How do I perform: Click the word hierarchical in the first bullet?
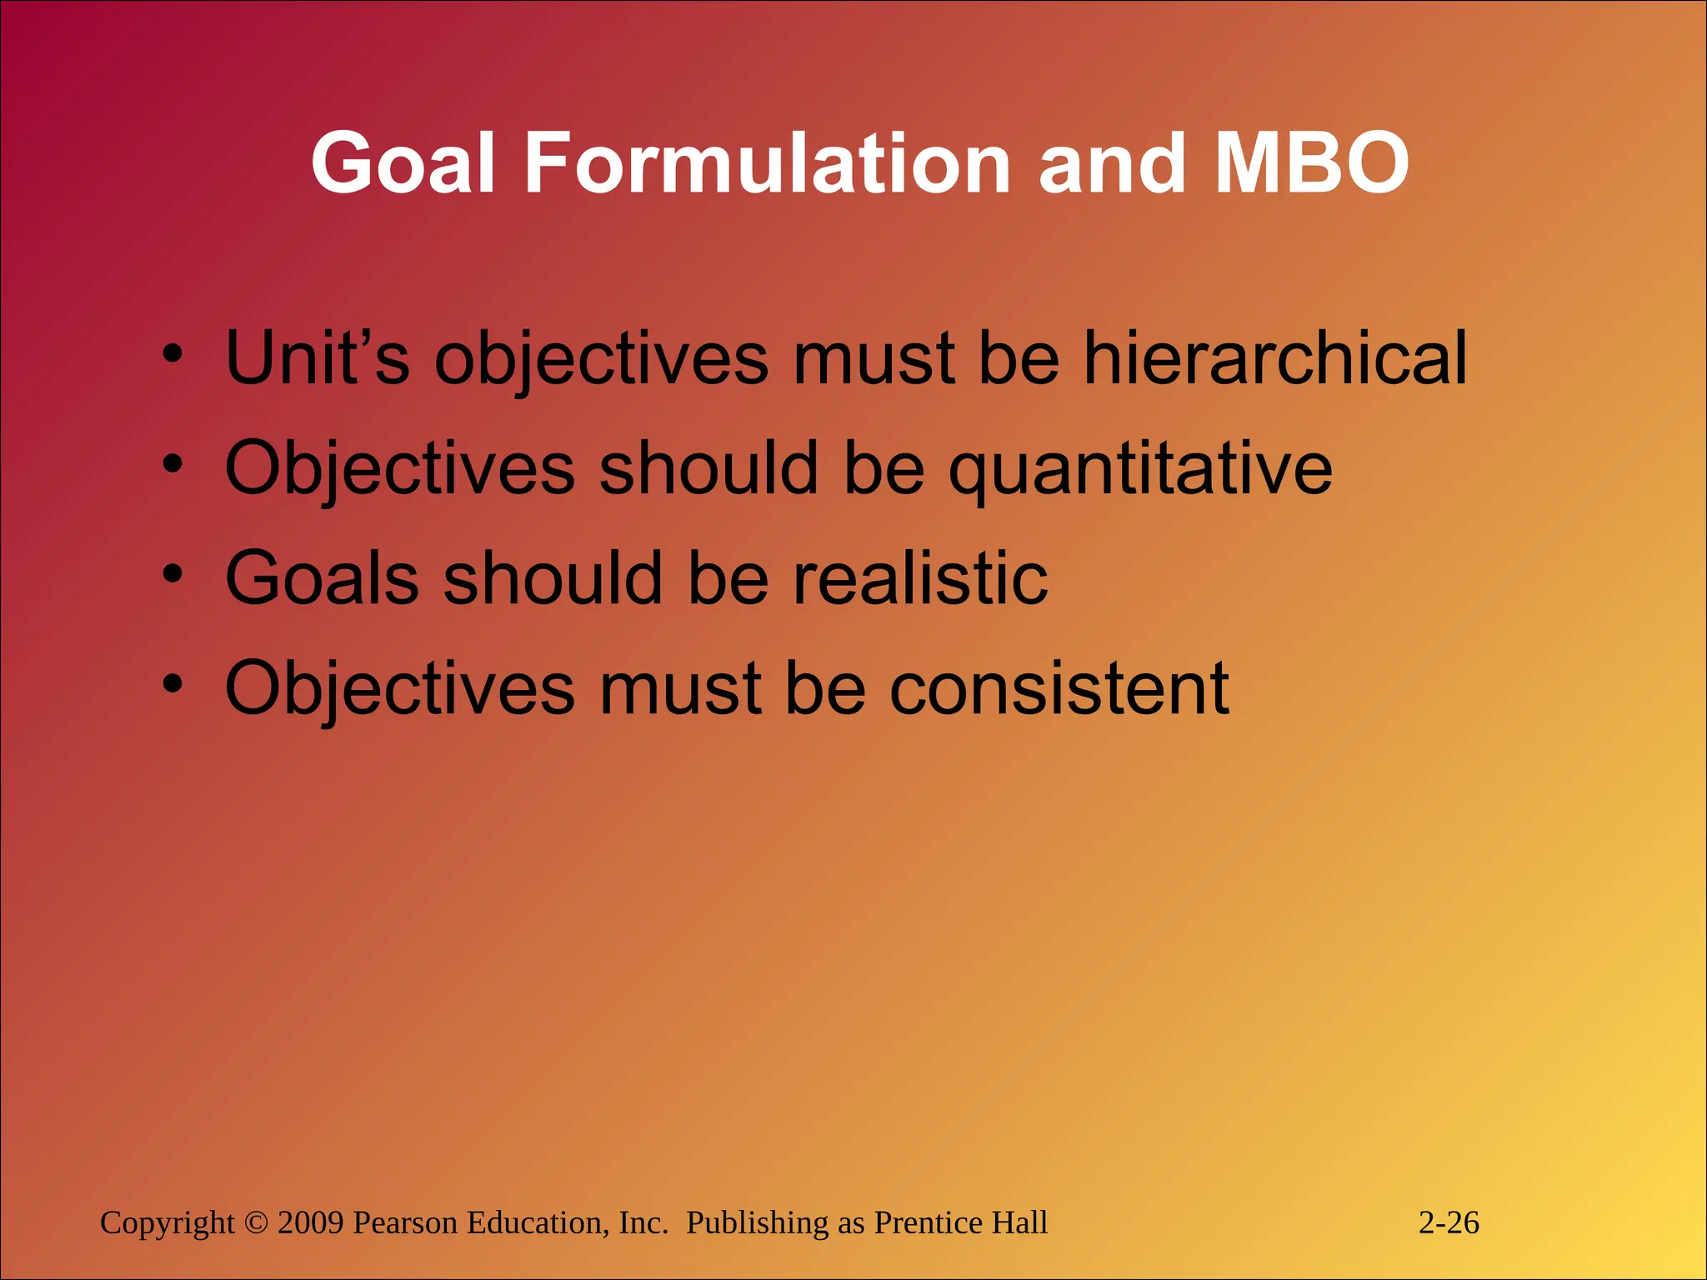click(x=1274, y=357)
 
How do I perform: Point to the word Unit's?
click(x=318, y=357)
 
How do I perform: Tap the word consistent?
click(x=1059, y=688)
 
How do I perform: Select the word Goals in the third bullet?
click(x=322, y=577)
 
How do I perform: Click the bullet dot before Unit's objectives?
click(x=173, y=354)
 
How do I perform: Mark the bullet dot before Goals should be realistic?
click(x=173, y=574)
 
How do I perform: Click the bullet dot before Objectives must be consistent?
click(x=173, y=684)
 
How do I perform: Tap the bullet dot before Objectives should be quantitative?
click(x=173, y=464)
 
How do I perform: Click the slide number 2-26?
click(x=1449, y=1222)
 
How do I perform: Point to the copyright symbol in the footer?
click(x=257, y=1223)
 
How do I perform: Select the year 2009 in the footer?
click(x=310, y=1222)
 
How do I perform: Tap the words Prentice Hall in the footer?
click(x=960, y=1222)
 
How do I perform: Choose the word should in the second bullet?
click(x=708, y=469)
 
